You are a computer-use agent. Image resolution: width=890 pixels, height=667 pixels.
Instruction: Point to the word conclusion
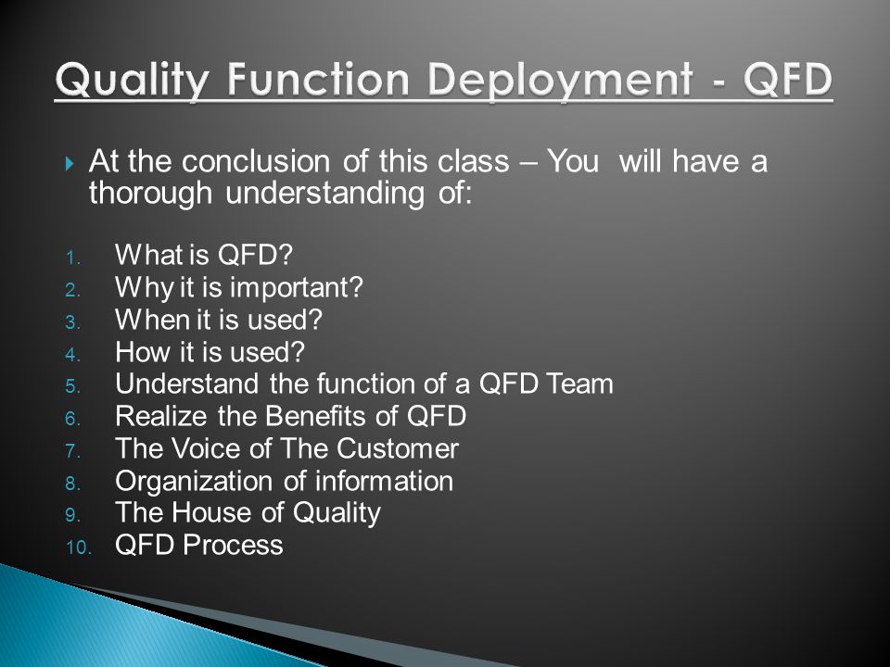point(256,161)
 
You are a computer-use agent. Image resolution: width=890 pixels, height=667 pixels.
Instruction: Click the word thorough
point(150,194)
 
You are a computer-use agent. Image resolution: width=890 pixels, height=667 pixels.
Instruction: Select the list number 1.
point(72,258)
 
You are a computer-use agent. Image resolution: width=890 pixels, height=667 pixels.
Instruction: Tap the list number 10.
point(78,547)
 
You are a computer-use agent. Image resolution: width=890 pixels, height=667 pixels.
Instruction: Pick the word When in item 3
point(151,320)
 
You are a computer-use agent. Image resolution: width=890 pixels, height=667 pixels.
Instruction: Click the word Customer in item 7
point(398,448)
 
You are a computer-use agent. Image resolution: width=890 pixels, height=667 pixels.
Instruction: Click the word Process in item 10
point(233,545)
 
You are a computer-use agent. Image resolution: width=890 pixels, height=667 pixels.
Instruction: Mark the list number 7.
point(72,451)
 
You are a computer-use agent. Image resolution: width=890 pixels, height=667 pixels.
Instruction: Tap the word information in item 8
point(384,481)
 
